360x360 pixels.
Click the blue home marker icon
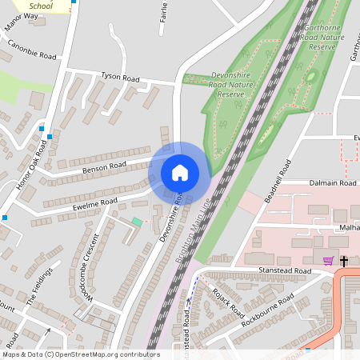pos(180,173)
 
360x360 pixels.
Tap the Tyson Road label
pos(120,78)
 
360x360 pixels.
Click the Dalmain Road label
pos(332,183)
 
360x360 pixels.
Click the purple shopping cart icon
pos(327,260)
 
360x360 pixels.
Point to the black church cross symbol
pos(345,260)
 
